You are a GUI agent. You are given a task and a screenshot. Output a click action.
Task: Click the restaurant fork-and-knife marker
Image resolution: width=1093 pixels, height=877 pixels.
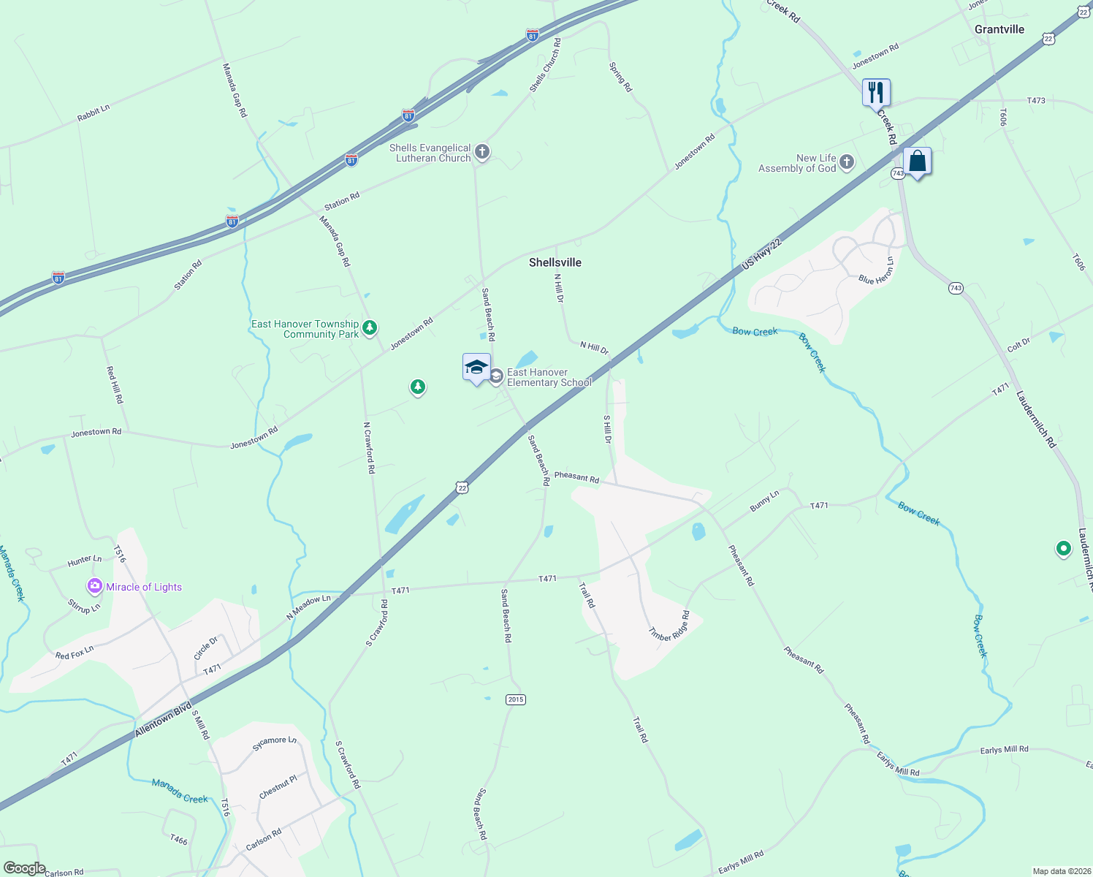876,93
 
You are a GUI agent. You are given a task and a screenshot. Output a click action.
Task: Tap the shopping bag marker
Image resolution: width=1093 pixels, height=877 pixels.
917,162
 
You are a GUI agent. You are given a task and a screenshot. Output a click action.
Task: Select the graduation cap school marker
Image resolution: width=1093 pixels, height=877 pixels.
476,367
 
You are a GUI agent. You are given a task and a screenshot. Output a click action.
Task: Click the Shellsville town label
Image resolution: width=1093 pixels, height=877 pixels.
555,262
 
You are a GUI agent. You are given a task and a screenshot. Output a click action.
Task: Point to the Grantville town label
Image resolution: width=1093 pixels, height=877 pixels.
999,29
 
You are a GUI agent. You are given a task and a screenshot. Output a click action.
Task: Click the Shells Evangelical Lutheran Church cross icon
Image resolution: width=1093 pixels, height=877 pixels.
481,152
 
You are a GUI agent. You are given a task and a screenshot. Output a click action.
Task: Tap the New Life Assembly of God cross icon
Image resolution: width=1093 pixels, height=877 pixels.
847,162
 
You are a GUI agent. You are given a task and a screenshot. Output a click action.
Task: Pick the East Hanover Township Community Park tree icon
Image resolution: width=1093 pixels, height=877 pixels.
370,327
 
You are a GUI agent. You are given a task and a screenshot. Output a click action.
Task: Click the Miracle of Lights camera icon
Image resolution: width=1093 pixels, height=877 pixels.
95,586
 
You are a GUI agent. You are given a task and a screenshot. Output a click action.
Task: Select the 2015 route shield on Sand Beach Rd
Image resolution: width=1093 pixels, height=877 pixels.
516,699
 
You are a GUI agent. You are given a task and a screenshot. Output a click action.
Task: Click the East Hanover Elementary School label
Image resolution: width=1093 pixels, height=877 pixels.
549,377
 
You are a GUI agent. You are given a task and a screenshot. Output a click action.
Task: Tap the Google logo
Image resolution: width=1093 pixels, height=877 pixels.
24,867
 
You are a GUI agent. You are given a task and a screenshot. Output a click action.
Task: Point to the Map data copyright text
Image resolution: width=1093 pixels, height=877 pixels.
1060,871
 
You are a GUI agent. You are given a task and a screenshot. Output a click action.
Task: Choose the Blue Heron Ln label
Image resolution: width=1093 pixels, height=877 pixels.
876,271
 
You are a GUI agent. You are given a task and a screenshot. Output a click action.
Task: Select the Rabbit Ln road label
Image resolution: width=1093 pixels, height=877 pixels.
94,113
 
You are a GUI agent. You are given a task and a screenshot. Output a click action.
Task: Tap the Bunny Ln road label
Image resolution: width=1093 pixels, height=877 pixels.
764,501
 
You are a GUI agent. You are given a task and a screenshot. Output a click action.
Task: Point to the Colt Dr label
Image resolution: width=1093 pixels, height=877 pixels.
1018,344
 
